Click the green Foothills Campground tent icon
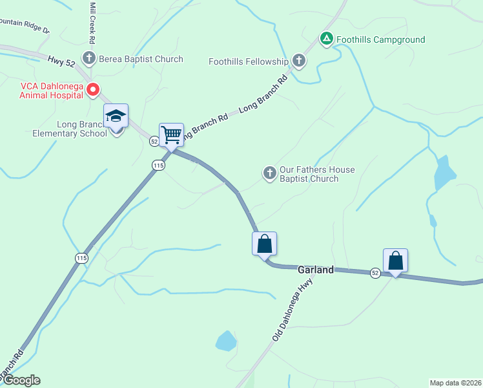coord(327,39)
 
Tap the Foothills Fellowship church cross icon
coord(298,61)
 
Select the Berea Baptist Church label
coord(141,59)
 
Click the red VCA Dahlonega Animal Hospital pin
coord(93,89)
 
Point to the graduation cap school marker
coord(116,116)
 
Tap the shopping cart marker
coord(171,135)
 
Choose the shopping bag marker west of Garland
coord(264,244)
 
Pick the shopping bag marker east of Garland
coord(395,261)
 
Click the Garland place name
coord(315,270)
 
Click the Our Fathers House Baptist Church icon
coord(270,173)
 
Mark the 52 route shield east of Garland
coord(375,273)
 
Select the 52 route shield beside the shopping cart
coord(154,140)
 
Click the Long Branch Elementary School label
coord(70,129)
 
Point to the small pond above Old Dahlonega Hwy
coord(225,340)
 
